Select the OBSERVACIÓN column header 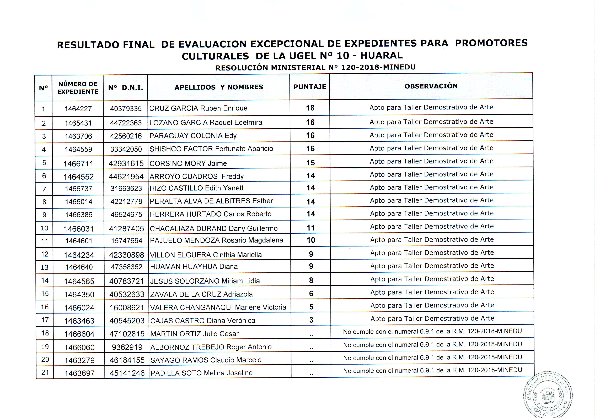431,86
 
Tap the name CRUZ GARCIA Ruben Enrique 198,108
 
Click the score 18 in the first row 310,108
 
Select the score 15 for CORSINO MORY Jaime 310,163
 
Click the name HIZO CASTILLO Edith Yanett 197,188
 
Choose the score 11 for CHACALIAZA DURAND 311,228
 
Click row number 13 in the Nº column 45,267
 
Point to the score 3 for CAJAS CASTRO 311,320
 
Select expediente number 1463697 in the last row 79,373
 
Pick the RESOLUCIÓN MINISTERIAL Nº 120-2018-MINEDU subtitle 315,68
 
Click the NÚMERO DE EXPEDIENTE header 78,88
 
